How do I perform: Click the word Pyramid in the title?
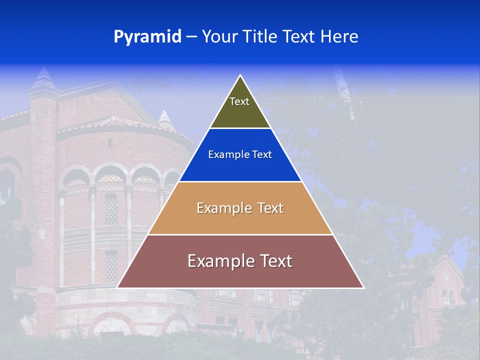click(x=147, y=36)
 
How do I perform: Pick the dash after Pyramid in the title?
click(x=191, y=37)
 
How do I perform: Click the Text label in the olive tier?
click(x=239, y=101)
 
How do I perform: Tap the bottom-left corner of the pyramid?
click(x=118, y=287)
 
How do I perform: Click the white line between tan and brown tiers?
click(x=240, y=234)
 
